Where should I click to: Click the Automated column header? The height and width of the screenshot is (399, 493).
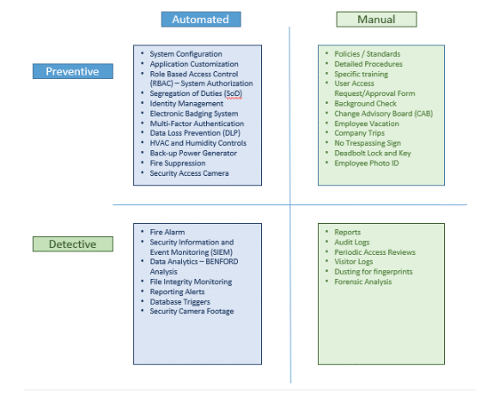click(201, 19)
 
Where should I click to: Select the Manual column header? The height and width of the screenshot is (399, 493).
click(376, 19)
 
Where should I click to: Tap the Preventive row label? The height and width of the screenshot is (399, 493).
click(72, 71)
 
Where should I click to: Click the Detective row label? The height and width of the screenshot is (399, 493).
click(72, 245)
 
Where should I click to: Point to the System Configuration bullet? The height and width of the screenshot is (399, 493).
click(186, 54)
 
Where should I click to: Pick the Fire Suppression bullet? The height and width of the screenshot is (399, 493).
click(178, 163)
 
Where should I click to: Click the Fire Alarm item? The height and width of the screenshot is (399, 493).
click(167, 232)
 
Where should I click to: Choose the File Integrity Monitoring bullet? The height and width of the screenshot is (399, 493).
click(191, 281)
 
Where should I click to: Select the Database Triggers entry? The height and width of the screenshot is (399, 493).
click(180, 302)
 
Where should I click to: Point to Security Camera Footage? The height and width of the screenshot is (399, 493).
click(192, 311)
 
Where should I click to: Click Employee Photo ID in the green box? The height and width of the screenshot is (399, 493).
click(367, 163)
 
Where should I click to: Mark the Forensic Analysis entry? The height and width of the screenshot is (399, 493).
click(363, 281)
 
